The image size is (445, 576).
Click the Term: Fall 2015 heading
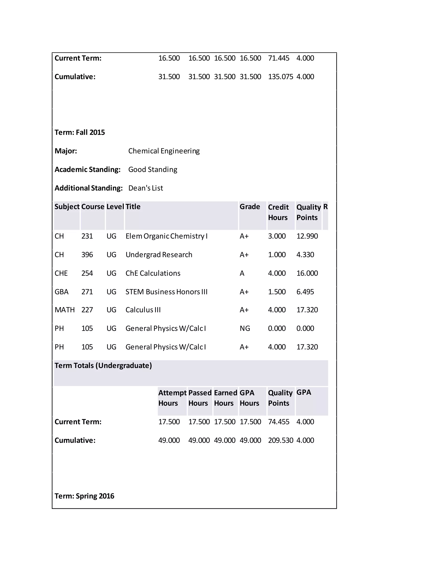pyautogui.click(x=80, y=132)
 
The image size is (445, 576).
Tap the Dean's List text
pyautogui.click(x=146, y=188)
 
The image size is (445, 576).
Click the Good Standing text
pyautogui.click(x=153, y=170)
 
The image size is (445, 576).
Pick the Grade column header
pyautogui.click(x=250, y=207)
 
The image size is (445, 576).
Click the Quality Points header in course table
pyautogui.click(x=308, y=212)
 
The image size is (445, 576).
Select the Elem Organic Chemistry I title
pyautogui.click(x=166, y=236)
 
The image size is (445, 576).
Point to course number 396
pyautogui.click(x=87, y=255)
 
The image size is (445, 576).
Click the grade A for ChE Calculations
pyautogui.click(x=242, y=273)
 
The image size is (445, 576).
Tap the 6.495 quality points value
pyautogui.click(x=305, y=292)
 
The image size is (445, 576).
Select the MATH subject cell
pyautogui.click(x=65, y=310)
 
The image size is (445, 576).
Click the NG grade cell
pyautogui.click(x=245, y=329)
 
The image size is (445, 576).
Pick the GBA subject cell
pyautogui.click(x=61, y=292)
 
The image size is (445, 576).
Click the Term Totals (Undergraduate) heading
pyautogui.click(x=103, y=366)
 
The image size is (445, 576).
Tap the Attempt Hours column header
pyautogui.click(x=172, y=398)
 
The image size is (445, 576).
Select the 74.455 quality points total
pyautogui.click(x=278, y=422)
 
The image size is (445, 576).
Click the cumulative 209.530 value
pyautogui.click(x=280, y=440)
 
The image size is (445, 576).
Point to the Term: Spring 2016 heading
pyautogui.click(x=84, y=496)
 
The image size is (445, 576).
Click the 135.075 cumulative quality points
pyautogui.click(x=280, y=77)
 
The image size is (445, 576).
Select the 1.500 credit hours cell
pyautogui.click(x=277, y=292)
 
